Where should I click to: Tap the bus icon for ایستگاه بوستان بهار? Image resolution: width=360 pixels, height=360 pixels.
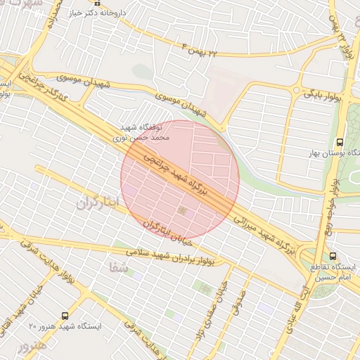tap(340, 141)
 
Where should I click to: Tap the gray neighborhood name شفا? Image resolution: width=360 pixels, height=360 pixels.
tap(118, 267)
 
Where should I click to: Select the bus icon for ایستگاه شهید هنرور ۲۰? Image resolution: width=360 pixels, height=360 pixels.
tap(65, 316)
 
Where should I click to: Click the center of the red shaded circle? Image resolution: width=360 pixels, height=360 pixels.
tap(180, 180)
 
